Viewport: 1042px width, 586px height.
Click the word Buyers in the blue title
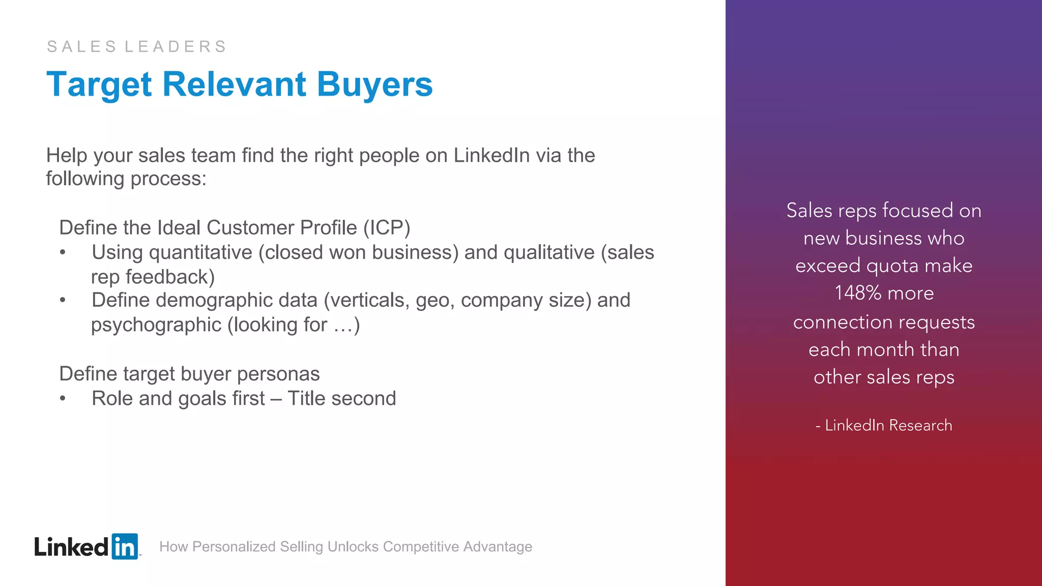(x=374, y=84)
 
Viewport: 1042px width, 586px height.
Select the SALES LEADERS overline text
(x=137, y=47)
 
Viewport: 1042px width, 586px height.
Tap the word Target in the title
(x=99, y=84)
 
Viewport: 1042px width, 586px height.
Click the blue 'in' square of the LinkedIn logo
(x=125, y=546)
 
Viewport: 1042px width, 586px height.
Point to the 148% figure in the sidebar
(x=858, y=293)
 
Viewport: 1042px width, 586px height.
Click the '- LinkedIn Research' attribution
(x=884, y=425)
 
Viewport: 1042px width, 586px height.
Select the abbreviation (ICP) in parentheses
(x=386, y=227)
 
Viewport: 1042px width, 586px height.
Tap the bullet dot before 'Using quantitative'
(x=63, y=252)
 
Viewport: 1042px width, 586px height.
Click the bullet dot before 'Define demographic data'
(x=63, y=300)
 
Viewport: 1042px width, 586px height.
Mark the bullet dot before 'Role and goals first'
(x=63, y=398)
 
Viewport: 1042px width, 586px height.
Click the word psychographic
(x=156, y=325)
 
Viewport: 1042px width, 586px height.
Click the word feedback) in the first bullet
(x=170, y=277)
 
